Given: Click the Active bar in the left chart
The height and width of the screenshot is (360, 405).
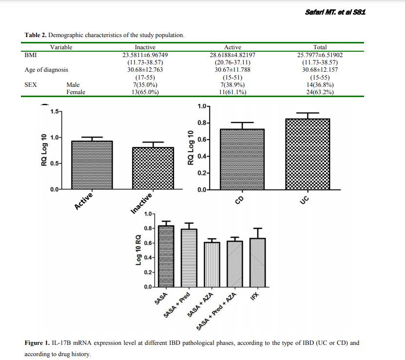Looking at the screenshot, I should click(92, 165).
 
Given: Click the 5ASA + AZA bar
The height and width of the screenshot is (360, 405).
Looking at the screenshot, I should click(212, 264).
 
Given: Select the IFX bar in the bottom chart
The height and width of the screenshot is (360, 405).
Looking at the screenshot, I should click(257, 262).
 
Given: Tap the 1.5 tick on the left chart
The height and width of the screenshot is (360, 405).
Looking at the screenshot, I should click(54, 112).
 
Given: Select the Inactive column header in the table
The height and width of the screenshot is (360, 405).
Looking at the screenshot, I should click(145, 47).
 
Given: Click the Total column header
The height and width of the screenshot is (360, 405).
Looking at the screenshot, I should click(320, 47).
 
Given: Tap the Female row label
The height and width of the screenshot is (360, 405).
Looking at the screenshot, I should click(76, 92).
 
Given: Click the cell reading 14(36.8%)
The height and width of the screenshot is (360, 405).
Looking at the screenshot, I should click(320, 84).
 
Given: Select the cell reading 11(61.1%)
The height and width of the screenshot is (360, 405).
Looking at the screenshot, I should click(232, 92).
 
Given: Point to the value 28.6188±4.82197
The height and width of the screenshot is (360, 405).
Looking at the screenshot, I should click(232, 55).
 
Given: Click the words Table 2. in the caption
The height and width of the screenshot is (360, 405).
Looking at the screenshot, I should click(36, 35).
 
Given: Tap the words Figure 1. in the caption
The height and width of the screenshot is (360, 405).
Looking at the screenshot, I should click(37, 343).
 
